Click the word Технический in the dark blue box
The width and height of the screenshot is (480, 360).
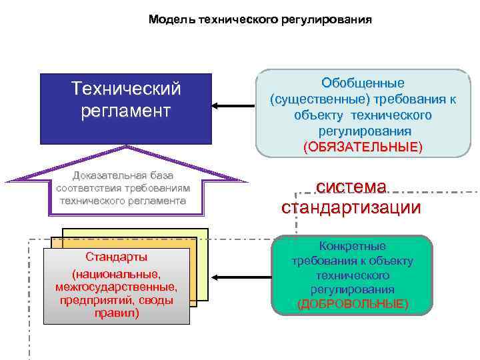point(126,88)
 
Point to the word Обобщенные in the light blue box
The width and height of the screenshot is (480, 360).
point(363,83)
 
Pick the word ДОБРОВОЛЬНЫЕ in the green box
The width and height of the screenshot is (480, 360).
point(353,303)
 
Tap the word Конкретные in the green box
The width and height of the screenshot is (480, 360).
point(353,246)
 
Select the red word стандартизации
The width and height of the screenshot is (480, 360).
point(351,207)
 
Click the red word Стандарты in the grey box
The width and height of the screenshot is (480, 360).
point(117,257)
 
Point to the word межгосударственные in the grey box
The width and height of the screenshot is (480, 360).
point(117,287)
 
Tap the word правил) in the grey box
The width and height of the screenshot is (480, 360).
point(117,312)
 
